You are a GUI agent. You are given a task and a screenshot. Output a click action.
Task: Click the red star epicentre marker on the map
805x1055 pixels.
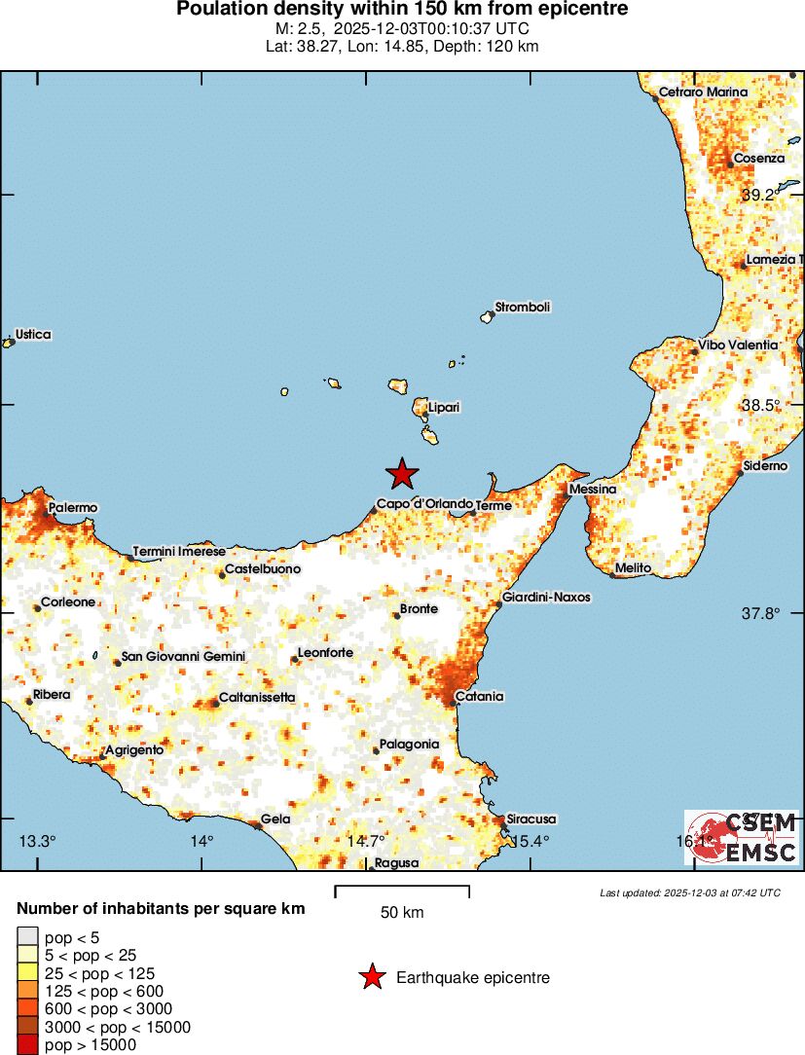pyautogui.click(x=402, y=474)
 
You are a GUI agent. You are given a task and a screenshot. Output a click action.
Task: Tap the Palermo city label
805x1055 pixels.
pyautogui.click(x=74, y=508)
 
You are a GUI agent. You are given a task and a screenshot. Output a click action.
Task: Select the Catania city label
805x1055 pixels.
pyautogui.click(x=480, y=697)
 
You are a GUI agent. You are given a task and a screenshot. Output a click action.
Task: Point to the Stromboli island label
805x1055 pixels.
pyautogui.click(x=523, y=308)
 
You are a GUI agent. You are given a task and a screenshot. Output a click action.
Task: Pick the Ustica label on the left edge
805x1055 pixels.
pyautogui.click(x=33, y=335)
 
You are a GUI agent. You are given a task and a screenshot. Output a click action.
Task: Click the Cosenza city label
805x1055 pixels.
pyautogui.click(x=758, y=159)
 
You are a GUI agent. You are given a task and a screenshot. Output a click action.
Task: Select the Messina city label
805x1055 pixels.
pyautogui.click(x=593, y=489)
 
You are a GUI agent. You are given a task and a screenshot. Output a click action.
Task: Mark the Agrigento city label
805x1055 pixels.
pyautogui.click(x=133, y=750)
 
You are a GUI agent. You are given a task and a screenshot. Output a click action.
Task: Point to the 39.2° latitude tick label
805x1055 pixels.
pyautogui.click(x=758, y=196)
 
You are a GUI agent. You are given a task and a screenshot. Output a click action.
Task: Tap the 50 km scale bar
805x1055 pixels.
pyautogui.click(x=402, y=891)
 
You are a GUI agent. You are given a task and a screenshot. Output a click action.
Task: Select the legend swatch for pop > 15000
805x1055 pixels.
pyautogui.click(x=28, y=1045)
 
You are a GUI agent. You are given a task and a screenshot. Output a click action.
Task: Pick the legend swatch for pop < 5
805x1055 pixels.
pyautogui.click(x=28, y=936)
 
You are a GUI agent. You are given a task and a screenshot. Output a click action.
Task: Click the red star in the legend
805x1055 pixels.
pyautogui.click(x=371, y=978)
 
